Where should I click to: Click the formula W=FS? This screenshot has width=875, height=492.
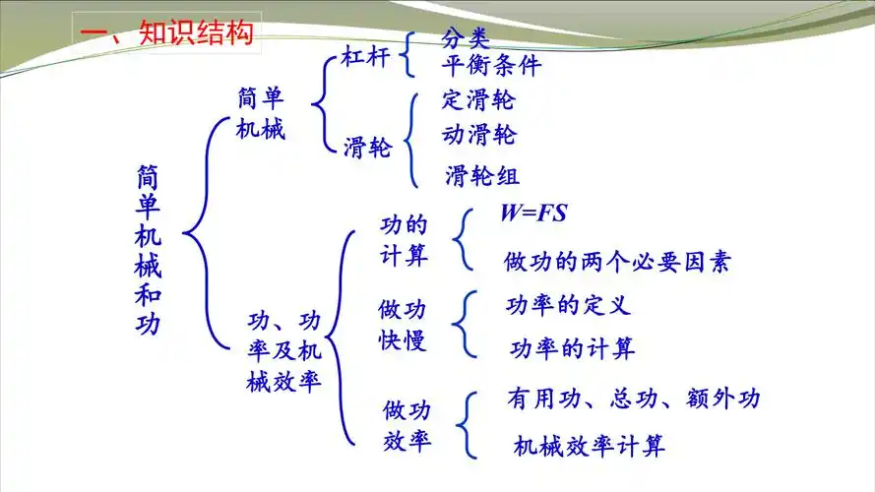pos(533,213)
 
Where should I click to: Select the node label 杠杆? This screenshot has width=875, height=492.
pos(366,59)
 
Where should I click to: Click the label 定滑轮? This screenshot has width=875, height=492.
pos(478,100)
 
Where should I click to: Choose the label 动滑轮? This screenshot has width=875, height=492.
pos(479,134)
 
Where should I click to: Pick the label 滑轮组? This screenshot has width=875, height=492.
pos(482,176)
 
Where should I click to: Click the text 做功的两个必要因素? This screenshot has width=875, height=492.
pos(617,262)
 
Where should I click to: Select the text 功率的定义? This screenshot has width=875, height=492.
pos(568,305)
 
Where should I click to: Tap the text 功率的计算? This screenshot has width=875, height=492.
pos(572,347)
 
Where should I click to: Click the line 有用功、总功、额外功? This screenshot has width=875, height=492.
pos(634,399)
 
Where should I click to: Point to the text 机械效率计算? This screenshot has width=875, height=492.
pos(590,446)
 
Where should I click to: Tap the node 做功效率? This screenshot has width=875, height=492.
pos(407,424)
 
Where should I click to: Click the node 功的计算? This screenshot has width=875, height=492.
pos(405,240)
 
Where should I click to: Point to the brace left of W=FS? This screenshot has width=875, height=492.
pos(462,238)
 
